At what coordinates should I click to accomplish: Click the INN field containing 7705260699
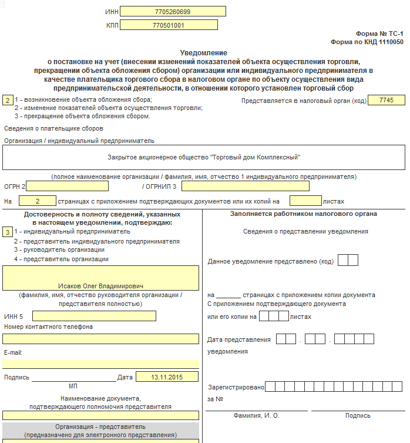pos(173,12)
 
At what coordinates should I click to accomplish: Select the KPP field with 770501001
pos(173,26)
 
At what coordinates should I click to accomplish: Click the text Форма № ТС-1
pos(379,35)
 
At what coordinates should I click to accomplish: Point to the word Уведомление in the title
pos(203,53)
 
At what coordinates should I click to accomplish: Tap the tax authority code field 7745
pos(387,101)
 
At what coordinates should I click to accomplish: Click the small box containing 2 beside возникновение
pos(7,101)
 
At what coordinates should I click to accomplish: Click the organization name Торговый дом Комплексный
pos(204,158)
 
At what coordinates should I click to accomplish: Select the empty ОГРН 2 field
pos(67,186)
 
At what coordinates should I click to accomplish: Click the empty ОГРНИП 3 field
pos(245,186)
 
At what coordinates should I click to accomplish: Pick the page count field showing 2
pos(37,201)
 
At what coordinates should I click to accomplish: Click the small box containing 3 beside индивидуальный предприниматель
pos(7,232)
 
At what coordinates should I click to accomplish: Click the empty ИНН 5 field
pos(94,316)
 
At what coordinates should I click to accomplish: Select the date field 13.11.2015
pos(167,377)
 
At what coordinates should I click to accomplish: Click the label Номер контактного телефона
pos(48,327)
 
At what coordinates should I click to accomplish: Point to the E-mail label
pos(13,352)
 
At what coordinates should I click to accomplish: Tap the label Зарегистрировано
pos(236,387)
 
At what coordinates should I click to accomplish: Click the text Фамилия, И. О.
pos(257,415)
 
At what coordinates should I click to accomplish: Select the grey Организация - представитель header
pos(100,431)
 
